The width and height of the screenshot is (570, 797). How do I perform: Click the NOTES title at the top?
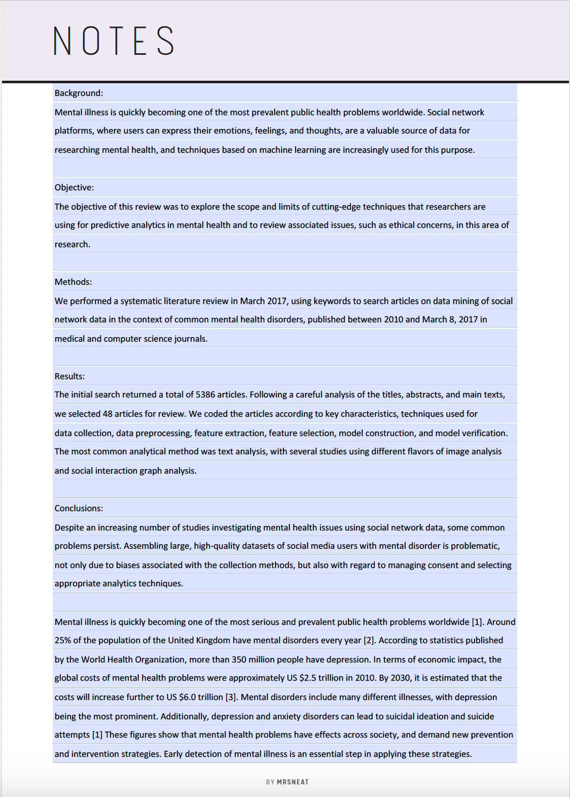click(114, 41)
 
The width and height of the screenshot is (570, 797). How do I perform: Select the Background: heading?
click(79, 93)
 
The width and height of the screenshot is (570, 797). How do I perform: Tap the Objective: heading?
click(74, 187)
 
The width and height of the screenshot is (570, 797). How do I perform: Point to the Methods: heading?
click(73, 282)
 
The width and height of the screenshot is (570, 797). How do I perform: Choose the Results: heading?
click(69, 376)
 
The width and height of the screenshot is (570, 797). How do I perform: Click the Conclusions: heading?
click(79, 508)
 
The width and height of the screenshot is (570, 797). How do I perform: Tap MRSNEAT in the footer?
click(293, 782)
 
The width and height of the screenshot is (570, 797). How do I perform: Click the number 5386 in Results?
click(205, 394)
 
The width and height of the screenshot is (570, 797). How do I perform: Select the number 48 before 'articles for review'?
click(108, 414)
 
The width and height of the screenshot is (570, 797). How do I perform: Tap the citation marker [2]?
click(369, 640)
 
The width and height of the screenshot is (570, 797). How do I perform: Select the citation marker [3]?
click(231, 697)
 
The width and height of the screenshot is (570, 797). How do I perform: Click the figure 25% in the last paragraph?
click(63, 640)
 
